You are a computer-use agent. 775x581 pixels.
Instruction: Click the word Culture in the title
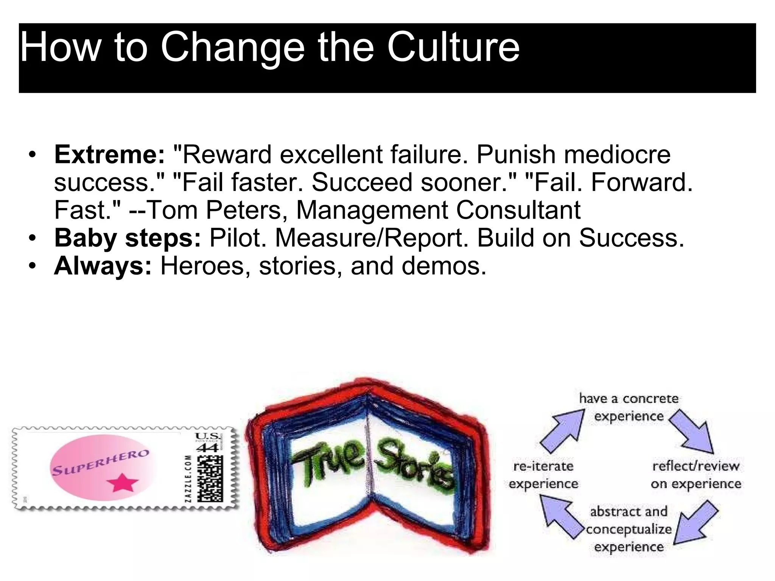click(x=453, y=47)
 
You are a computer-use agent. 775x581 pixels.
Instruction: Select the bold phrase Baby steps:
click(x=128, y=238)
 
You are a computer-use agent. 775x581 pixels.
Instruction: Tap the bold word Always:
click(x=103, y=266)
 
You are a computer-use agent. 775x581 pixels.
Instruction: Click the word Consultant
click(x=518, y=210)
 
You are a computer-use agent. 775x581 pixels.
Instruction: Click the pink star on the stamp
click(x=122, y=483)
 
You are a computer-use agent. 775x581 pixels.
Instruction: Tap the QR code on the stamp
click(x=209, y=478)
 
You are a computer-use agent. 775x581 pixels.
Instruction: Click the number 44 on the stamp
click(x=207, y=448)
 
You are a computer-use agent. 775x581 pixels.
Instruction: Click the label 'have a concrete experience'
click(x=629, y=407)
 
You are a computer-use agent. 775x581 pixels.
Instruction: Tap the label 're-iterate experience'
click(x=543, y=475)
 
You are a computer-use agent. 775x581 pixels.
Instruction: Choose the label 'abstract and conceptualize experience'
click(x=629, y=529)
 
